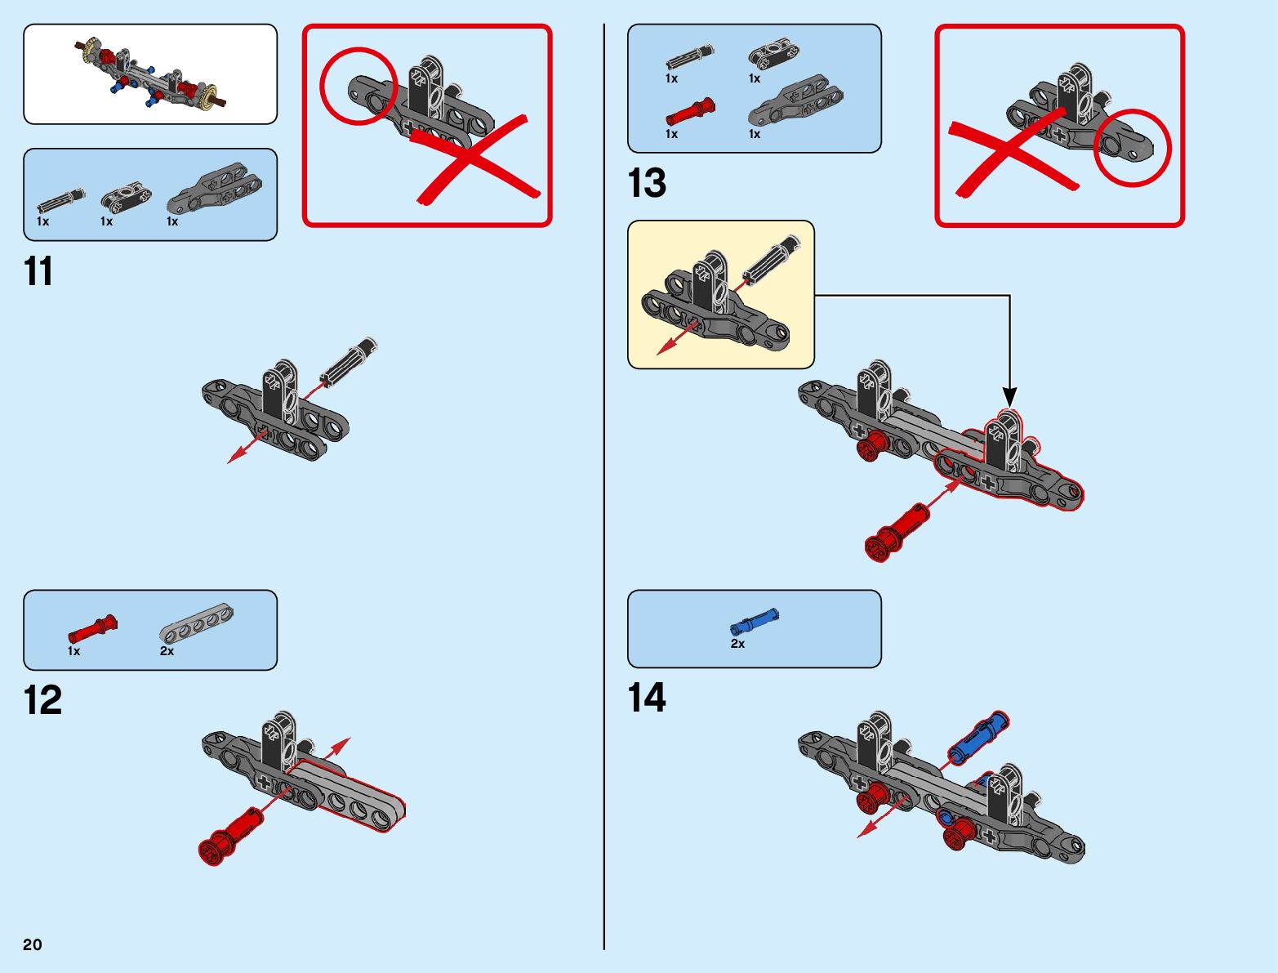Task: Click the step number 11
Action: click(38, 271)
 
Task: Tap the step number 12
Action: click(42, 700)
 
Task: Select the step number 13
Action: click(647, 183)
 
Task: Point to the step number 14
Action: click(647, 698)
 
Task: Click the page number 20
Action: click(33, 944)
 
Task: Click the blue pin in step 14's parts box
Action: click(755, 623)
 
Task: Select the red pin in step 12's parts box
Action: click(92, 630)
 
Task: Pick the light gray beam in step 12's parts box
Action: click(196, 623)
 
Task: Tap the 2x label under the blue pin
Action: click(737, 644)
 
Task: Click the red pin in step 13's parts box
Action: click(690, 112)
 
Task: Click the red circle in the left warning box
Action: click(358, 86)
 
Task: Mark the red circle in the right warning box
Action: click(1132, 148)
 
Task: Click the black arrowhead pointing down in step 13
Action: click(1010, 397)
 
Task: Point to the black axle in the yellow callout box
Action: click(774, 257)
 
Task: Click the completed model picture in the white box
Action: click(150, 74)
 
